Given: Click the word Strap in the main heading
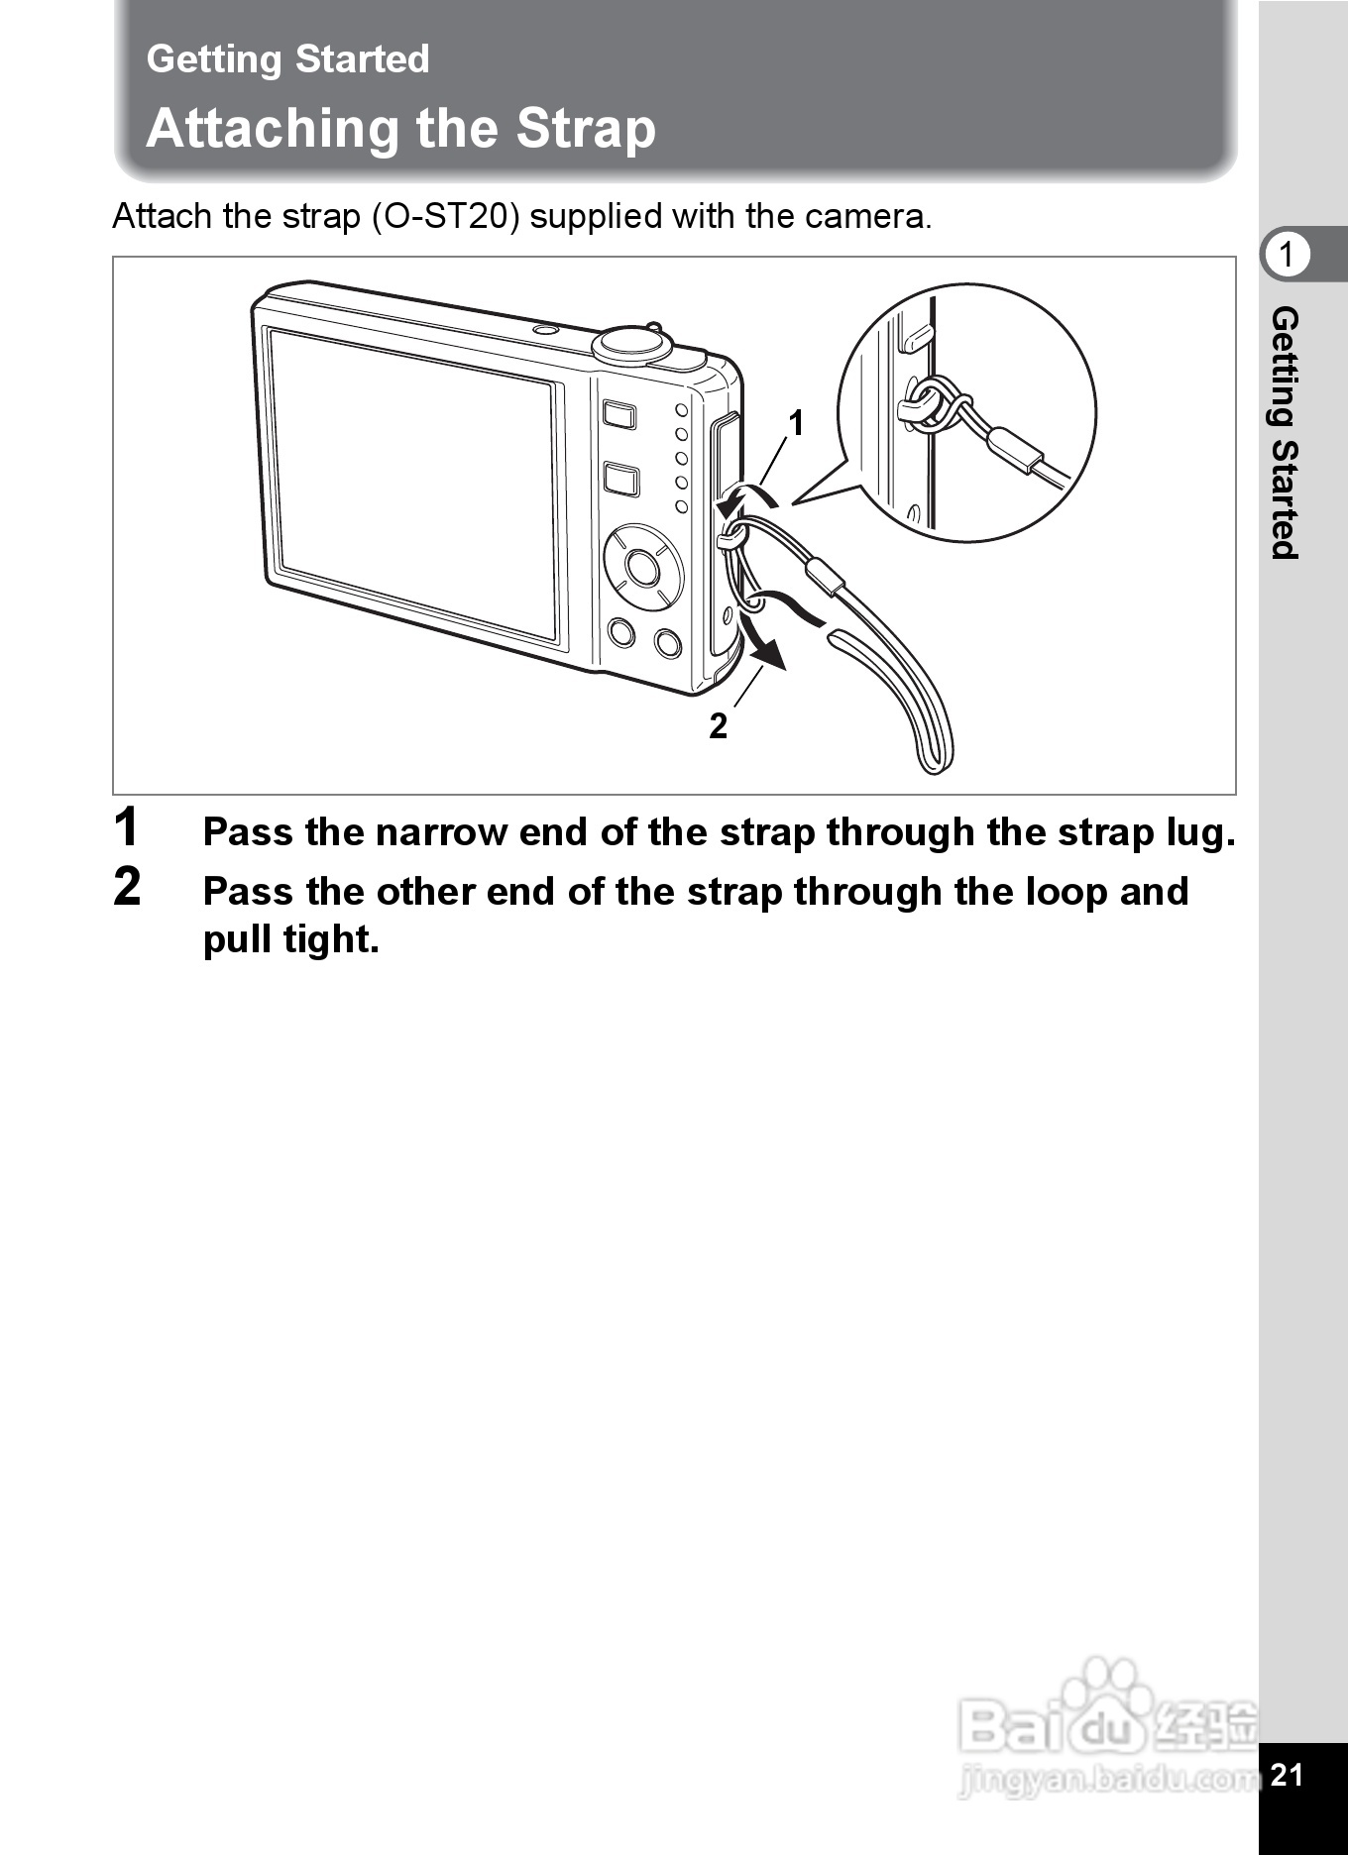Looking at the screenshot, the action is [586, 130].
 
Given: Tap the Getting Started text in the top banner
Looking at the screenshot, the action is [287, 59].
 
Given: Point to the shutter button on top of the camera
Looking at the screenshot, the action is [633, 342].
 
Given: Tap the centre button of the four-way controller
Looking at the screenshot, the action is [642, 568].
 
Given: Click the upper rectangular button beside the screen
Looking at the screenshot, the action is [619, 413].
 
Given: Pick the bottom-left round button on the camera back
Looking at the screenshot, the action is [621, 631].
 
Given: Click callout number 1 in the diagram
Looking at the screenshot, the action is [795, 424].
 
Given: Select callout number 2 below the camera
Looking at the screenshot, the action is [718, 726].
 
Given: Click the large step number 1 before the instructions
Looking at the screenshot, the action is [127, 827].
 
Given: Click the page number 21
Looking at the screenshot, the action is [1287, 1774].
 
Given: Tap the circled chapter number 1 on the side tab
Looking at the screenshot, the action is [1286, 255].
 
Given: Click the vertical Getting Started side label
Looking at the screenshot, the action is [1285, 433].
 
